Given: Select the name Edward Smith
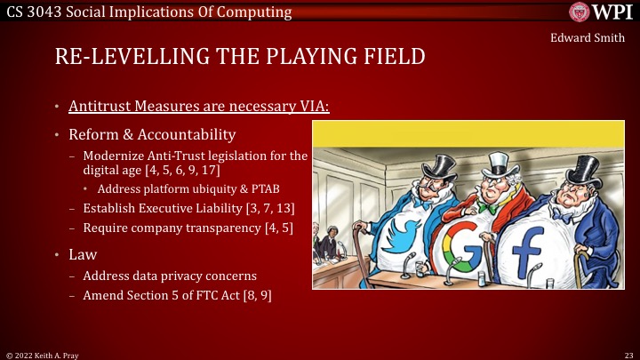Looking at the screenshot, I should [x=588, y=38].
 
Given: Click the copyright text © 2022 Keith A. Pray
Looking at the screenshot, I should [x=44, y=353].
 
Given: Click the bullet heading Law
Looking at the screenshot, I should [x=78, y=254].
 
